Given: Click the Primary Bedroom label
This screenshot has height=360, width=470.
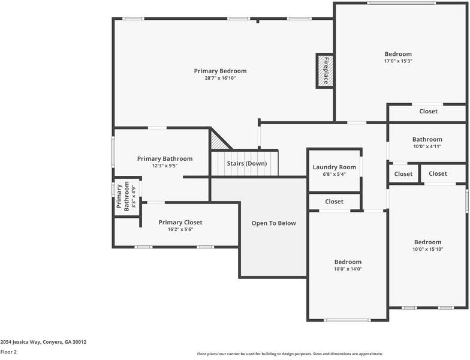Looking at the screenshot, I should point(220,71).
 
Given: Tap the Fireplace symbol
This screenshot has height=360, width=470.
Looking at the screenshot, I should point(324,70).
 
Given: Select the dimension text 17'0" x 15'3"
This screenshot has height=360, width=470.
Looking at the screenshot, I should point(398,61).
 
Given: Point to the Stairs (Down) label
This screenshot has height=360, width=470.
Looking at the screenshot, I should point(246,163).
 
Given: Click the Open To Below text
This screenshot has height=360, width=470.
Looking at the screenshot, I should point(273,223).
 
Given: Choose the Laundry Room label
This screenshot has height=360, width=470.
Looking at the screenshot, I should point(334,167).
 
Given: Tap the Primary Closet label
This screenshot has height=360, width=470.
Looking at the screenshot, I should point(180,223).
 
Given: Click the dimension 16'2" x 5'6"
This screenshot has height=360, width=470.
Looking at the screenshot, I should point(180,229).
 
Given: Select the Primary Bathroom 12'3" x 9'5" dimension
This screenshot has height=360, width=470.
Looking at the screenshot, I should point(165,166).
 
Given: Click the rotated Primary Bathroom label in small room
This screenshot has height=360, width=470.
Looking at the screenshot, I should point(126,197).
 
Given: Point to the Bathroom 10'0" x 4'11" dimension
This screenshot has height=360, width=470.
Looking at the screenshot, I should point(427,146).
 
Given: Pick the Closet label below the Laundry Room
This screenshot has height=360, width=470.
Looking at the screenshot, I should point(334,202).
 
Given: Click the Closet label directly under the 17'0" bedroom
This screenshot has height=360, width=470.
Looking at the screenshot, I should point(428,111).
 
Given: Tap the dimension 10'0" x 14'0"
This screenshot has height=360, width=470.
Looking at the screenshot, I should point(348,269).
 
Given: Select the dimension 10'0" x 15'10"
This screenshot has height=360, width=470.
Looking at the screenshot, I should point(427,249).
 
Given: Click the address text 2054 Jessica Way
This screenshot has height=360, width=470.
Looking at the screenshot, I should point(43,342).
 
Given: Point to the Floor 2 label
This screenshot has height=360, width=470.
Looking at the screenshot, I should point(8,352).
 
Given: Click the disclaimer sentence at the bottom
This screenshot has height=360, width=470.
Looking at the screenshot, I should point(290,354).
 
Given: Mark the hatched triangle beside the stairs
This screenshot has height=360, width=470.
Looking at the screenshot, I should point(218,141).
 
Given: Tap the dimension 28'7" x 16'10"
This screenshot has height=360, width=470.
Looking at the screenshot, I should point(220,78).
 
